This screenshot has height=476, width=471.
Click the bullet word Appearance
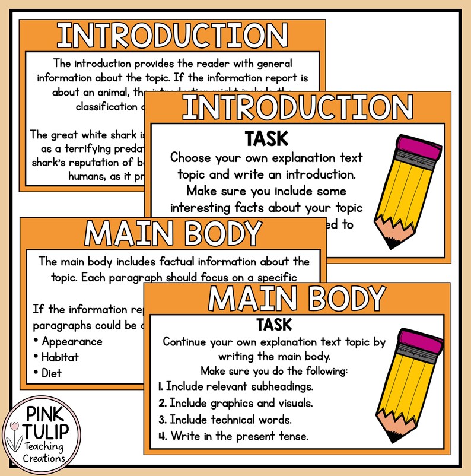pos(72,341)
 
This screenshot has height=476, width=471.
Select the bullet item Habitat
pos(60,357)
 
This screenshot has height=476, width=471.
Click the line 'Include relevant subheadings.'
pos(235,386)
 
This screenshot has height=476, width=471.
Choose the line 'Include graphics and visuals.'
pos(237,403)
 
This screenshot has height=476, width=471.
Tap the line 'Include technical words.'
pos(231,420)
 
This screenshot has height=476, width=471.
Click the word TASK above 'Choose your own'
pos(266,139)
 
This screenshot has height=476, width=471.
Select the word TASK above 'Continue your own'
pos(273,325)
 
